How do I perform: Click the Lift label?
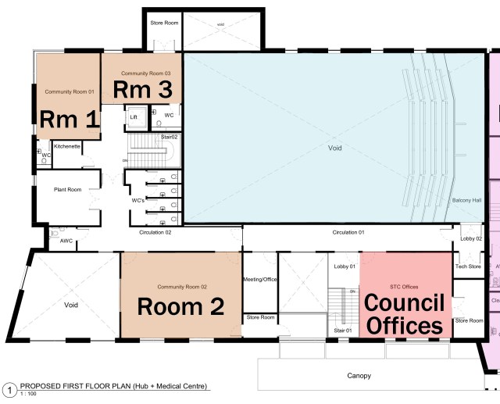(133, 116)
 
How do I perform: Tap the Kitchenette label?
(67, 146)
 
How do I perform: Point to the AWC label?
(66, 241)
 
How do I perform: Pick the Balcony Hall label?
(466, 201)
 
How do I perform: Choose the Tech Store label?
(468, 266)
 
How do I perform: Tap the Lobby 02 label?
(471, 238)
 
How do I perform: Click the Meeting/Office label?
(260, 280)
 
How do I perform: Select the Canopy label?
(359, 376)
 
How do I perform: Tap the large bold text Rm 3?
(142, 89)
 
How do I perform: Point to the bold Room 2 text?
(181, 306)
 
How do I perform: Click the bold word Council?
(405, 302)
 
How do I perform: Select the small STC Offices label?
(405, 266)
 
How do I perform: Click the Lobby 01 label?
(345, 266)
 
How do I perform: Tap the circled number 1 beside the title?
(9, 389)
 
